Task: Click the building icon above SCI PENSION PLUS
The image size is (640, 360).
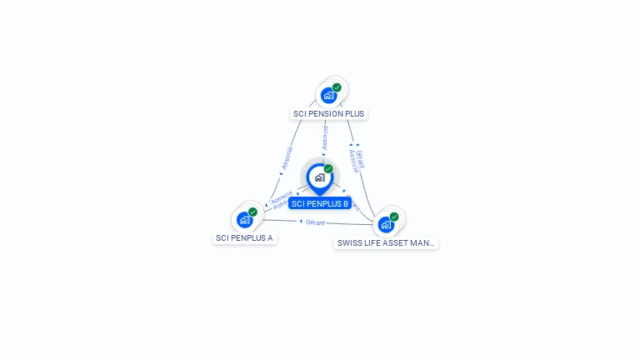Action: tap(328, 95)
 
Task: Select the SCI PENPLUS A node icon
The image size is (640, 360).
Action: tap(244, 219)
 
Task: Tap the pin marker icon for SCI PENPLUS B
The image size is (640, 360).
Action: tap(319, 178)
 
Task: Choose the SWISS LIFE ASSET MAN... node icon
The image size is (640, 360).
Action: tap(386, 224)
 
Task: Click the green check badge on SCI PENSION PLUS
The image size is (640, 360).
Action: tap(337, 87)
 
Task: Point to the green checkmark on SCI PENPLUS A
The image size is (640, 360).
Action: tap(252, 212)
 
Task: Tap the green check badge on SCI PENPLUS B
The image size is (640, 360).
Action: tap(328, 169)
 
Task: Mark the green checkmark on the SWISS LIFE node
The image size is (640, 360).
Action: tap(394, 217)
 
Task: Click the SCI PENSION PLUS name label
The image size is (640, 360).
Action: tap(328, 113)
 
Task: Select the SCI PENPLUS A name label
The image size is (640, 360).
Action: tap(244, 237)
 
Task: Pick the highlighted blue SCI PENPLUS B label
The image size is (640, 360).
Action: tap(320, 203)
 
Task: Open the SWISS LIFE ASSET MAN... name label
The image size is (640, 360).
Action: tap(386, 242)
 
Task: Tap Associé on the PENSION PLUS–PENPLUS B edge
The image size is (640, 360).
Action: tap(325, 137)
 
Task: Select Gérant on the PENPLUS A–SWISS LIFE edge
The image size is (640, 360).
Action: tap(315, 222)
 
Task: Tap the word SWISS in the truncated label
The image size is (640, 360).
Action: tap(349, 242)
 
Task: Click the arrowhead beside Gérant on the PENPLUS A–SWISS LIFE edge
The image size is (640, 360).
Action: tap(301, 222)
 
